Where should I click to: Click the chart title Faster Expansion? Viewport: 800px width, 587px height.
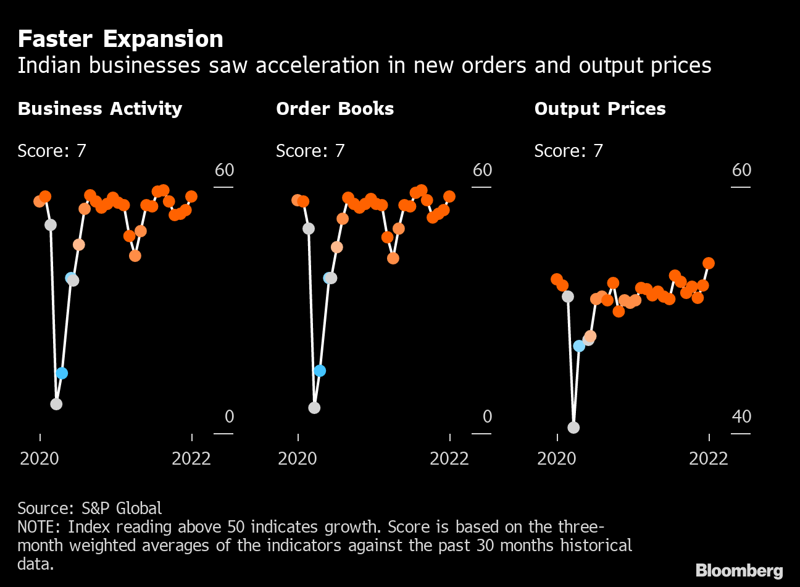[120, 39]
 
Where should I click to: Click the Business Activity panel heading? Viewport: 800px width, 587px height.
[100, 109]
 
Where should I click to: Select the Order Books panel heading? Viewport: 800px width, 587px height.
[335, 109]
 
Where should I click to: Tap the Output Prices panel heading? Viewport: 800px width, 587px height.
[600, 109]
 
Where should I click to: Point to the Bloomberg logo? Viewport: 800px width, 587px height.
[739, 570]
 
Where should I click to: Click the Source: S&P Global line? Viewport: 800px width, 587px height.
[90, 508]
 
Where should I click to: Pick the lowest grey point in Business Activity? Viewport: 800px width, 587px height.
[56, 404]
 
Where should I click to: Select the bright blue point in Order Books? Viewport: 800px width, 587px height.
[319, 371]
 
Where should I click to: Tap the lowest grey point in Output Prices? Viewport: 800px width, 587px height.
[573, 428]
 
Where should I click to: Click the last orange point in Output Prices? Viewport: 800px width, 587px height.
[709, 263]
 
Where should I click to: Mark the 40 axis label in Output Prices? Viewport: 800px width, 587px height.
[741, 416]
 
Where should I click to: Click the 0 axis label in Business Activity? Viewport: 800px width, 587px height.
[229, 416]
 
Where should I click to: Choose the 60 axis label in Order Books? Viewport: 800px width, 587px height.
[482, 170]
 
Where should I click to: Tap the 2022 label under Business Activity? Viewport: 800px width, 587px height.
[191, 458]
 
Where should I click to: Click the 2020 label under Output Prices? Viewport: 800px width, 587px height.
[557, 458]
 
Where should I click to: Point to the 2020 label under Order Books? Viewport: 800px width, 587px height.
[298, 458]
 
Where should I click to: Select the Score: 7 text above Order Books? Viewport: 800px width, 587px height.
[310, 151]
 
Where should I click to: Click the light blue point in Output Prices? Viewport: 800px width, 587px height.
[579, 346]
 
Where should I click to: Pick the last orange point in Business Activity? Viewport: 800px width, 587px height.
[191, 196]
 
